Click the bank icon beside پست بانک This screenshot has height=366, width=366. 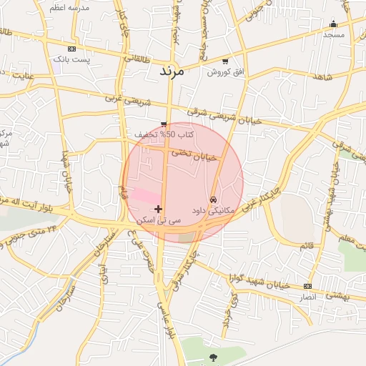click(71, 49)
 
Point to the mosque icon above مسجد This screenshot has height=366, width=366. click(334, 24)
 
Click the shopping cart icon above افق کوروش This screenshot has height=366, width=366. click(226, 61)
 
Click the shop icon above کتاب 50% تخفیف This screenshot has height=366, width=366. click(164, 124)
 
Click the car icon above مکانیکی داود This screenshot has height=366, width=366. click(214, 199)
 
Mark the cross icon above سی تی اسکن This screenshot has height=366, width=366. click(158, 209)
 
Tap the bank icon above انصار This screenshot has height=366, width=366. click(308, 286)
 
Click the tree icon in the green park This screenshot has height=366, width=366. click(213, 356)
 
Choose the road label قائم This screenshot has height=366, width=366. click(307, 245)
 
